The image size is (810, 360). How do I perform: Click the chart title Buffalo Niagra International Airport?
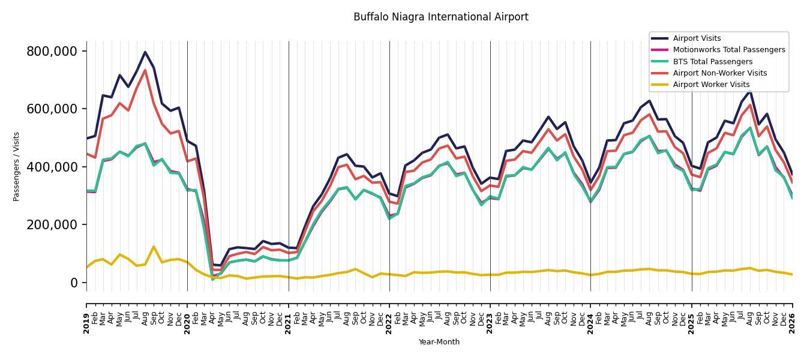click(441, 17)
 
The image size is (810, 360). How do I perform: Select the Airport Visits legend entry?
click(697, 38)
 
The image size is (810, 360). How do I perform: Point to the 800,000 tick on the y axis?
click(52, 52)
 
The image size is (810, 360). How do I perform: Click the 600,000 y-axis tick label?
click(52, 109)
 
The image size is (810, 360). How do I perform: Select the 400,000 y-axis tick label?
click(52, 167)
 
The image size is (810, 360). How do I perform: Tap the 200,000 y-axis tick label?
click(52, 225)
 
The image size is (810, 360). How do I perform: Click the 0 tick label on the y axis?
click(74, 283)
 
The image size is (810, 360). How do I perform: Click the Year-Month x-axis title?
click(439, 342)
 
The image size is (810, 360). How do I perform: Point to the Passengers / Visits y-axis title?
click(16, 167)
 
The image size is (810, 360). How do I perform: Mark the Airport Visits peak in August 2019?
click(145, 52)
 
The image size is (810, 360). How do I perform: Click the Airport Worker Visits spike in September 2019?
click(154, 247)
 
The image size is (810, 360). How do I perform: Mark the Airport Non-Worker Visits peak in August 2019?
click(145, 70)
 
